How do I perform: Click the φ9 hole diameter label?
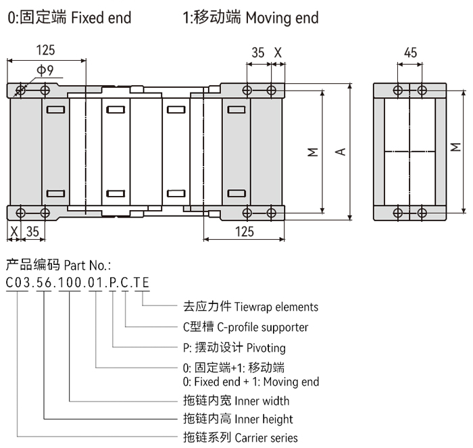(x=45, y=70)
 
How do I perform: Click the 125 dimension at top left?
(x=46, y=50)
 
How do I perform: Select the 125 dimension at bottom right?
(x=245, y=232)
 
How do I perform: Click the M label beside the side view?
(x=457, y=147)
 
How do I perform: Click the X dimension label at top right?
(x=278, y=53)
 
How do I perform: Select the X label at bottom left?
(x=13, y=232)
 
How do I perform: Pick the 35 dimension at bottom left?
(x=32, y=232)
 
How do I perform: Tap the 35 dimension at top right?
(x=258, y=53)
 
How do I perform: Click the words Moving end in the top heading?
(x=282, y=17)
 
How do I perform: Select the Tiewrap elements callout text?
(x=276, y=307)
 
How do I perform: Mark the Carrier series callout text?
(x=266, y=438)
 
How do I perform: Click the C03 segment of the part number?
(x=18, y=282)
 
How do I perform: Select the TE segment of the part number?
(x=141, y=282)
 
